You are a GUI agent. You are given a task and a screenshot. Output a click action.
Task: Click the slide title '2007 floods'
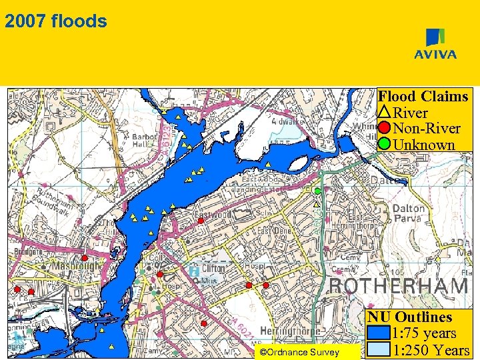[x=55, y=21]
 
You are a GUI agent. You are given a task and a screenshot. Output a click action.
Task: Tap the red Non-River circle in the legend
[x=385, y=128]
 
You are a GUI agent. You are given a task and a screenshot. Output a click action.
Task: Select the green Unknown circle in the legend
[x=385, y=144]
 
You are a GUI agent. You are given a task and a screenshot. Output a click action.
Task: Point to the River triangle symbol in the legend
[x=385, y=113]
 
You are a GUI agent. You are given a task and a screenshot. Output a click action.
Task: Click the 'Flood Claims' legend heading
[x=423, y=97]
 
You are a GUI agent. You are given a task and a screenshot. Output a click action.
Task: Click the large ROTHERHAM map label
[x=399, y=287]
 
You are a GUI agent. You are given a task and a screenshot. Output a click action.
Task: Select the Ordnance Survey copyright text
[x=299, y=353]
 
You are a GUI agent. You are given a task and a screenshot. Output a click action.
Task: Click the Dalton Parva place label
[x=408, y=213]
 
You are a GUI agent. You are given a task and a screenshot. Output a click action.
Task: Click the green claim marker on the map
[x=317, y=191]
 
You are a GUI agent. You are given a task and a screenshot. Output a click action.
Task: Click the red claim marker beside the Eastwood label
[x=200, y=221]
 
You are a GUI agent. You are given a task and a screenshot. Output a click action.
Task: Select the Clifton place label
[x=213, y=268]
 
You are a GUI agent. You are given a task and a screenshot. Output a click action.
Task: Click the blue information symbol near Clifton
[x=193, y=271]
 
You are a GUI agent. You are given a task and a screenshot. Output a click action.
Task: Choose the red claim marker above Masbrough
[x=85, y=257]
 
